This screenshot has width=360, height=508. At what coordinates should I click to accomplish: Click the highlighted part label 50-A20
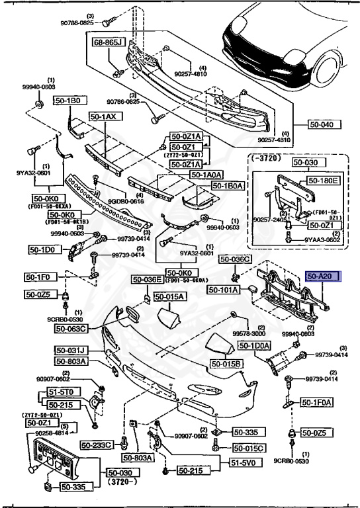tap(322, 277)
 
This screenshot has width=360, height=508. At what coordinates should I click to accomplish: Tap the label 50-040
tap(324, 124)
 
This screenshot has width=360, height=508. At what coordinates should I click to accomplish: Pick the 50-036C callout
tap(235, 259)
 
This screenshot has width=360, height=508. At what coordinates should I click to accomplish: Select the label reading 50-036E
tap(147, 280)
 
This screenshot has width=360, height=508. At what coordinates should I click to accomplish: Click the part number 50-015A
tap(171, 298)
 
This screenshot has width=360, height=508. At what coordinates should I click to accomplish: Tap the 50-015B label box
tap(227, 364)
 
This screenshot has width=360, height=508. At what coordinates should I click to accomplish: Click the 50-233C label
tap(97, 444)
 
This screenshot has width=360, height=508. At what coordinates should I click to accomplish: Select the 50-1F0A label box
tap(316, 402)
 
